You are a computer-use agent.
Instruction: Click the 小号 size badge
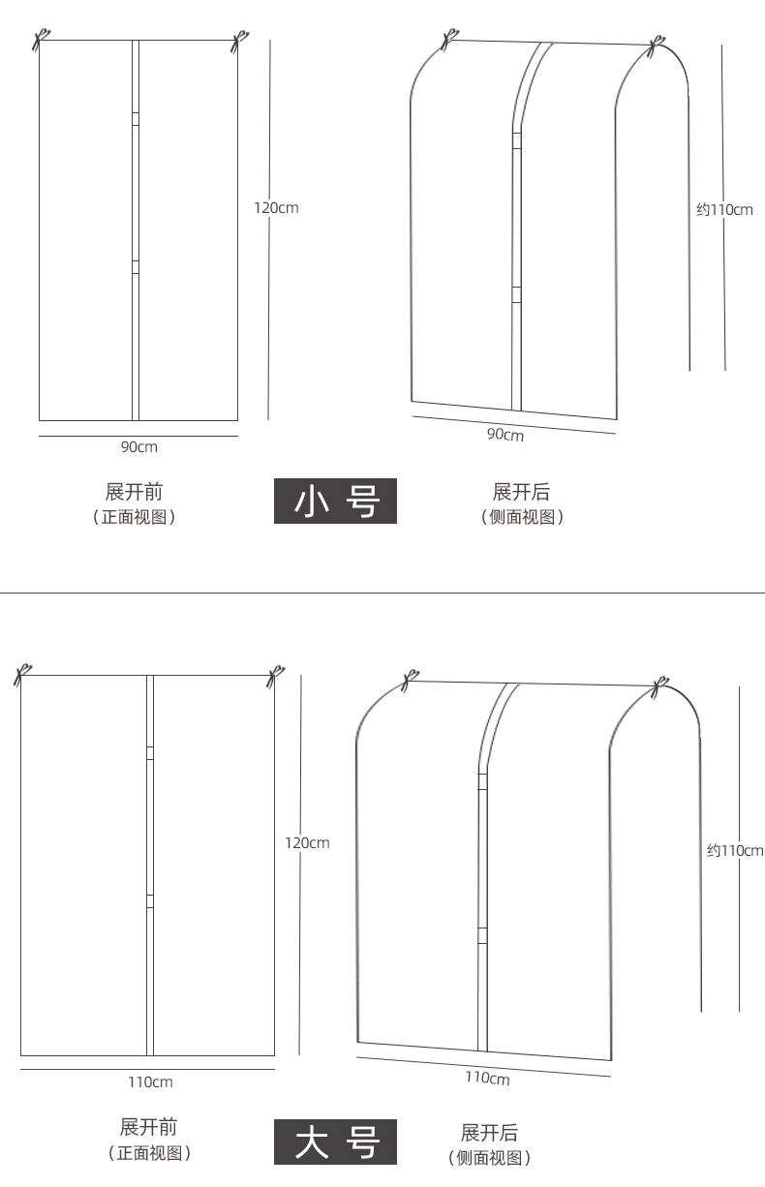335,502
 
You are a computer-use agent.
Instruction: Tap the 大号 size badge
335,1142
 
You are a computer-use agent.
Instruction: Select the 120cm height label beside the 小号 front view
276,207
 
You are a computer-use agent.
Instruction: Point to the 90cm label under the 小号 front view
138,446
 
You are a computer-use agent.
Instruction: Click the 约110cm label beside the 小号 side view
724,209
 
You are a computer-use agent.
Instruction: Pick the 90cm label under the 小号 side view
505,435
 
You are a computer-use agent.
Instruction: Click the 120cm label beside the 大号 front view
306,842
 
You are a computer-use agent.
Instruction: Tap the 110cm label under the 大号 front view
150,1081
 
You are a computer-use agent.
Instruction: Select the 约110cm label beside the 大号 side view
734,850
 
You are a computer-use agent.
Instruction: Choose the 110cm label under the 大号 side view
487,1078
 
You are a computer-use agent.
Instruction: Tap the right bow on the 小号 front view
237,41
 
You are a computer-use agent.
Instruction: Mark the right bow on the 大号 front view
276,675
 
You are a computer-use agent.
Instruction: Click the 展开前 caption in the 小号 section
134,492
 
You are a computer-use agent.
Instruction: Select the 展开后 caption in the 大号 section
489,1133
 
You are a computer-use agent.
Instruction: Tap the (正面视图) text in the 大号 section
148,1153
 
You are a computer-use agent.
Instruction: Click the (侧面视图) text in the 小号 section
522,517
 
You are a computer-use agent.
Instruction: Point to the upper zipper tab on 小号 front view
136,118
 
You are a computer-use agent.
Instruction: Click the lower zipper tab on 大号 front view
150,900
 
